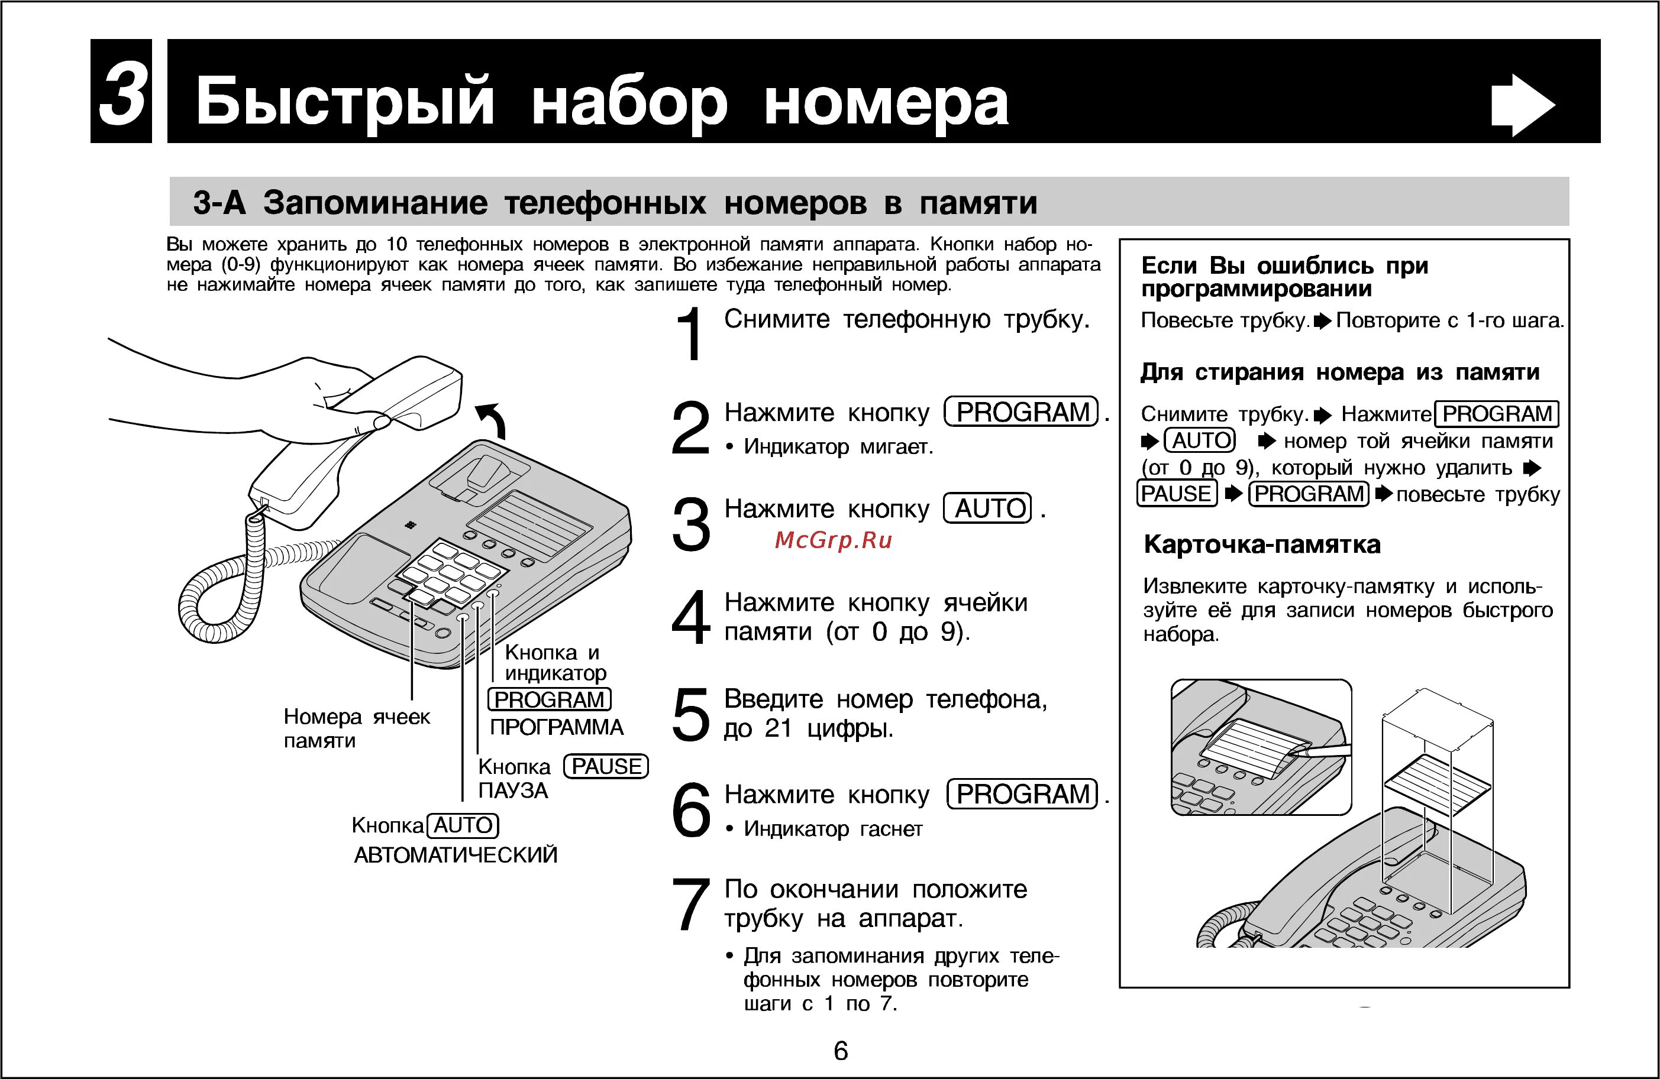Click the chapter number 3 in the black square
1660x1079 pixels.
[122, 93]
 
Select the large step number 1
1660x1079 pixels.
[690, 334]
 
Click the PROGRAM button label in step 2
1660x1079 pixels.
[1022, 412]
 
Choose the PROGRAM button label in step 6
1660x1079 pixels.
[1022, 794]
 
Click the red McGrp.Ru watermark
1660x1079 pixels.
[834, 540]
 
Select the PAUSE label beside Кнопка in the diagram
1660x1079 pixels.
[605, 767]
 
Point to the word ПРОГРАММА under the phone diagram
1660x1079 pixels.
[556, 728]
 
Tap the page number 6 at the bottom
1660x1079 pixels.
[841, 1051]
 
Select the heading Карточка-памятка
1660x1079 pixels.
[1262, 545]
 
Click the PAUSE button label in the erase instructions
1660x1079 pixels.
[1176, 494]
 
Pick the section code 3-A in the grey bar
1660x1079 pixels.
[219, 203]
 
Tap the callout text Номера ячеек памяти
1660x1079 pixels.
[356, 728]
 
